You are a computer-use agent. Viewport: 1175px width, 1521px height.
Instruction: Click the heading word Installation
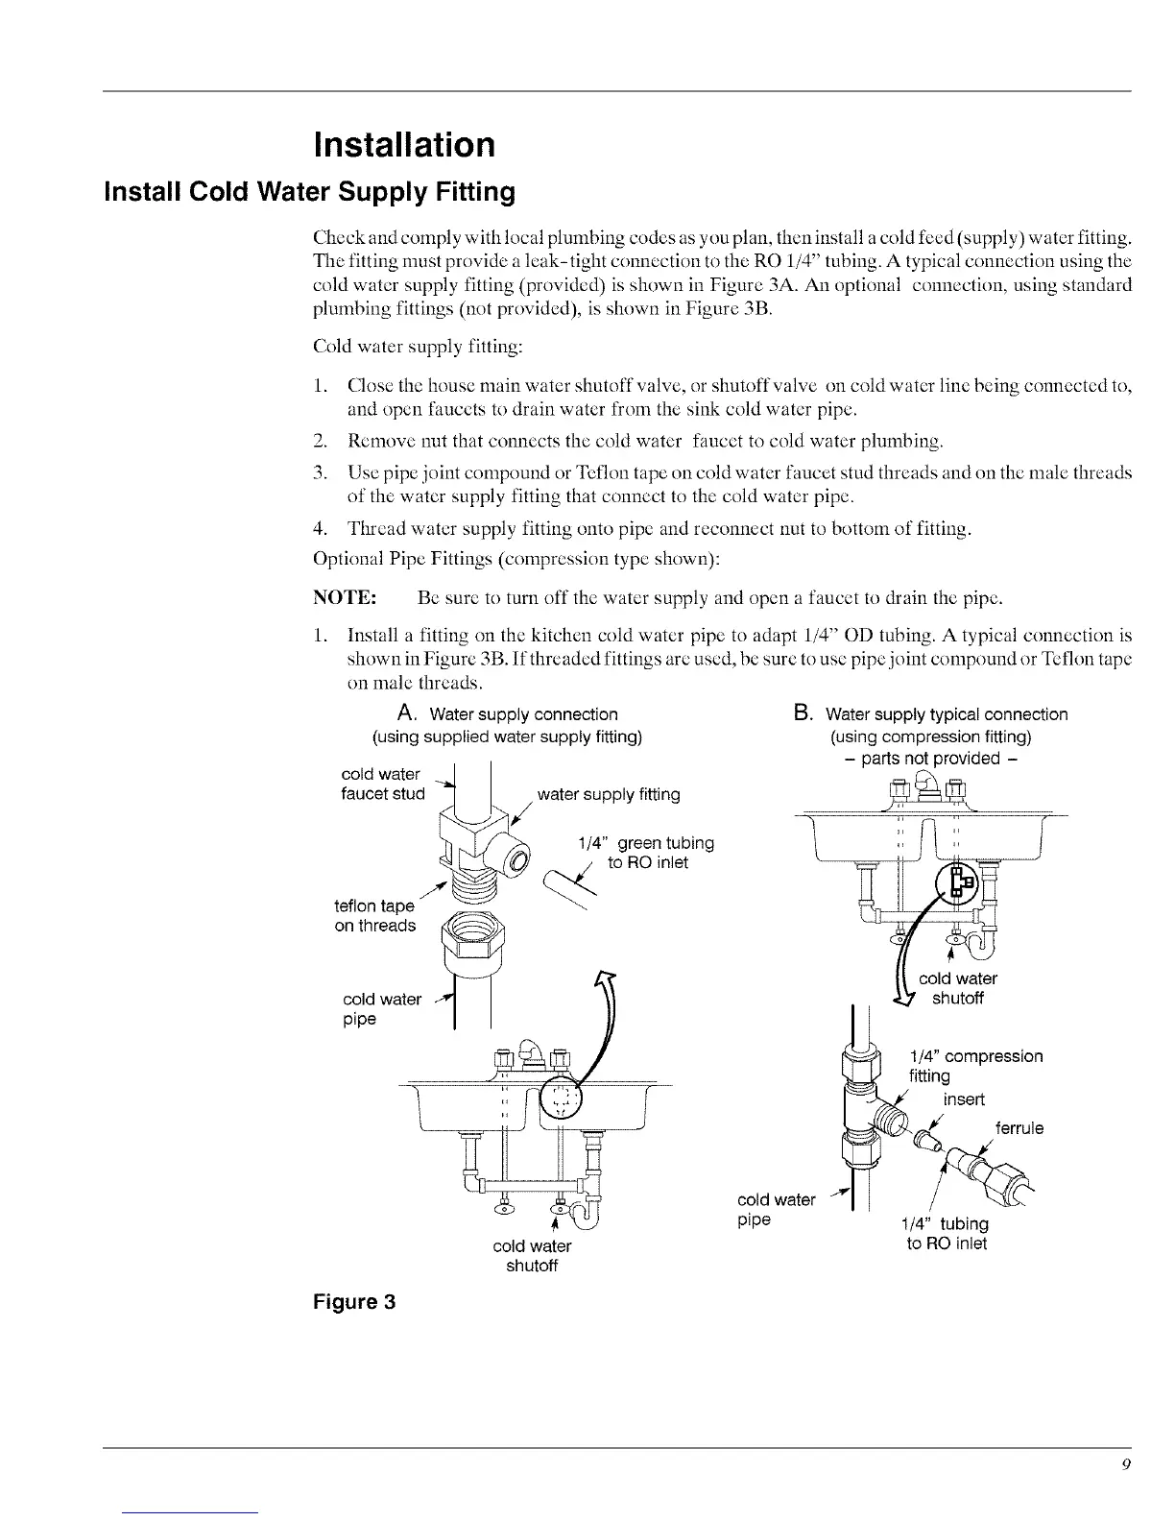pyautogui.click(x=404, y=145)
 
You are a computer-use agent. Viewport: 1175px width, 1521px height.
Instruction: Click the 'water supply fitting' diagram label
pyautogui.click(x=609, y=794)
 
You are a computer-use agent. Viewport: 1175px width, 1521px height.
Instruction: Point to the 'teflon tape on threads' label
pyautogui.click(x=374, y=916)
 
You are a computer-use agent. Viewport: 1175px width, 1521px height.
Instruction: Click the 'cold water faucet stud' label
pyautogui.click(x=382, y=784)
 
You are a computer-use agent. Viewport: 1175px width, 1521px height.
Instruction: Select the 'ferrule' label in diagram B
pyautogui.click(x=1019, y=1128)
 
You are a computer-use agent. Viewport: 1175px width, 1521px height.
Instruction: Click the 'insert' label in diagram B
pyautogui.click(x=963, y=1098)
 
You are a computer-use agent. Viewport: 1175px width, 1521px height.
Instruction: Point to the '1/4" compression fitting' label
pyautogui.click(x=974, y=1065)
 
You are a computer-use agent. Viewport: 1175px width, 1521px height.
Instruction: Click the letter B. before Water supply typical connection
pyautogui.click(x=803, y=713)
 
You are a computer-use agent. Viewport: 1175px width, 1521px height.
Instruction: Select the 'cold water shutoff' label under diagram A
pyautogui.click(x=532, y=1255)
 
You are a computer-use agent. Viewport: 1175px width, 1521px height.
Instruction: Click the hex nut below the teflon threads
pyautogui.click(x=464, y=935)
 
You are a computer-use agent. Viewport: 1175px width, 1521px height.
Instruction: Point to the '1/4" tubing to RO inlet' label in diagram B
pyautogui.click(x=947, y=1234)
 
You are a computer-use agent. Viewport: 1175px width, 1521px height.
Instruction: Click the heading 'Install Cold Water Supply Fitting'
pyautogui.click(x=309, y=193)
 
